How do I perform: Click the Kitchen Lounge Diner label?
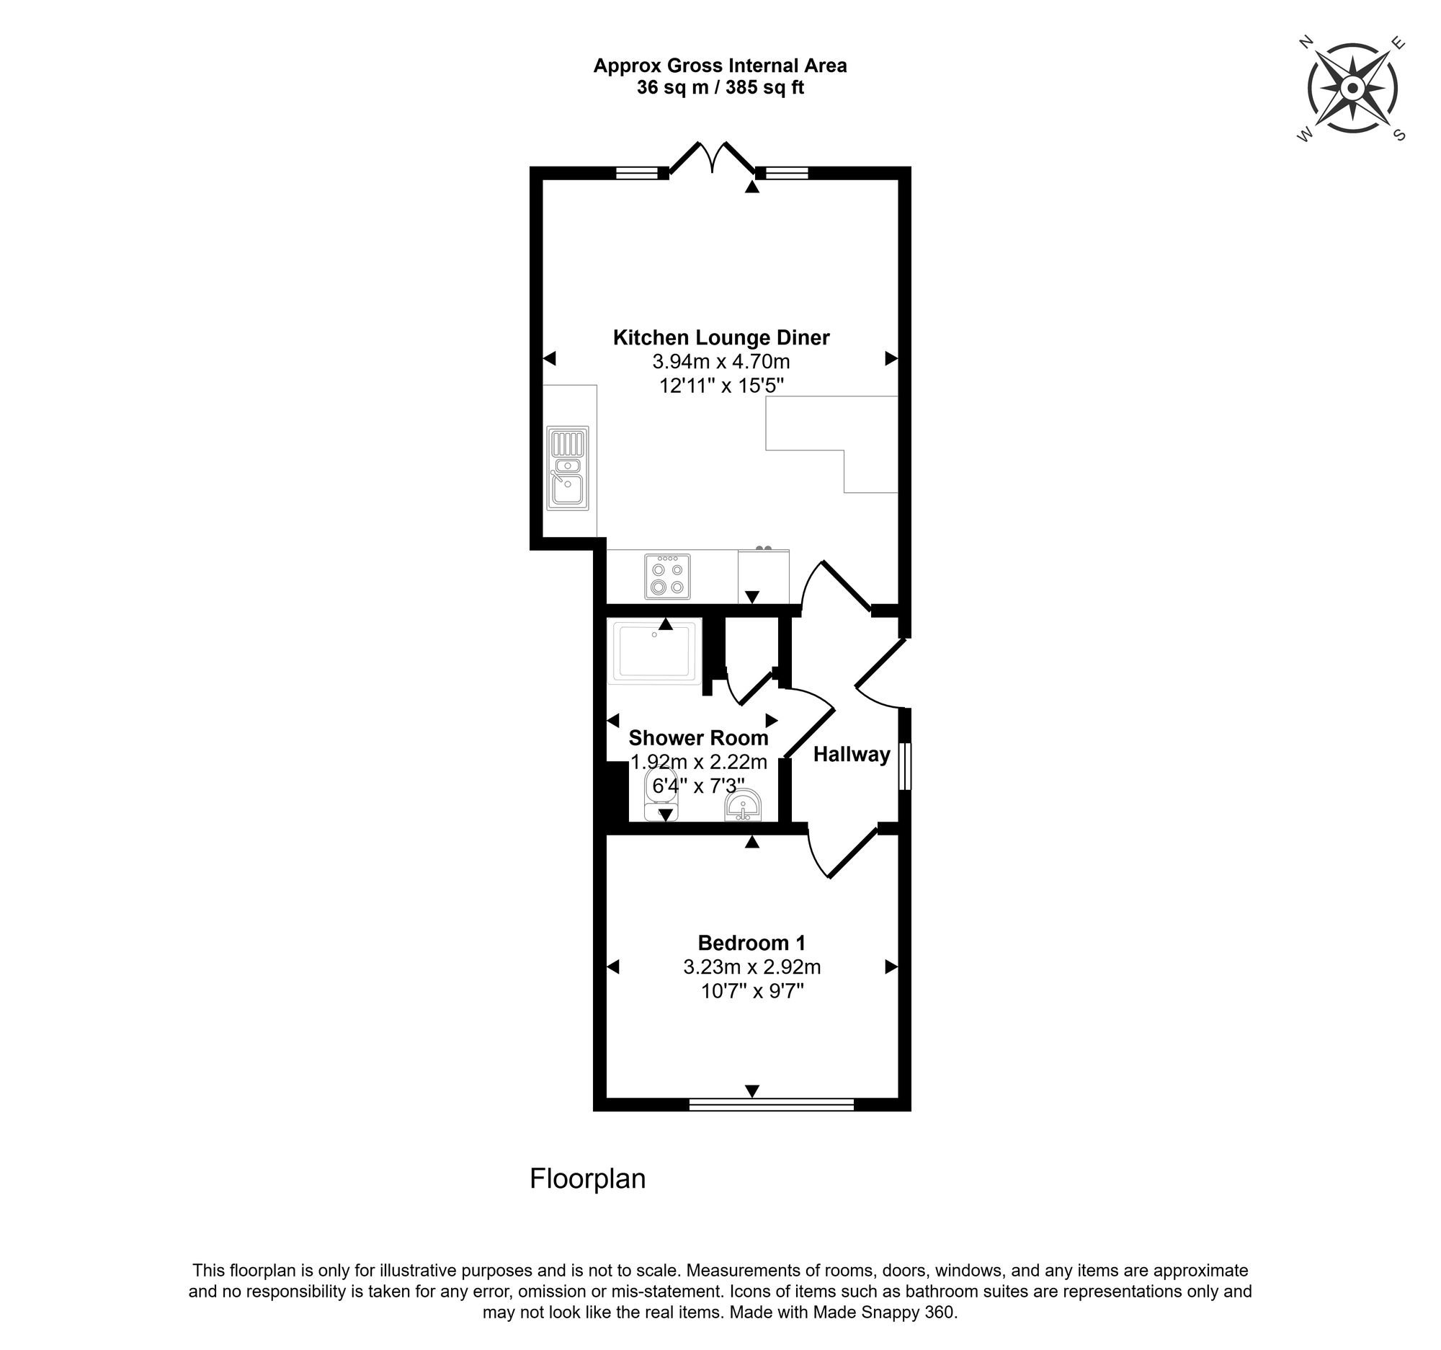[720, 338]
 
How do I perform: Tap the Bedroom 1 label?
[751, 943]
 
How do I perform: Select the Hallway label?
[851, 755]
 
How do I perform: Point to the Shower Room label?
[698, 738]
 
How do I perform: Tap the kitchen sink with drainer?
[568, 468]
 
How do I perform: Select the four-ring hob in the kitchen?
[667, 577]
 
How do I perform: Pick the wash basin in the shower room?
[742, 805]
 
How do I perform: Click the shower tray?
[655, 650]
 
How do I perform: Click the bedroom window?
[771, 1104]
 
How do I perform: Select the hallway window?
[904, 765]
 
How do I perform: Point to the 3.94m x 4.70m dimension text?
[720, 361]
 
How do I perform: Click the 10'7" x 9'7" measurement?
[752, 990]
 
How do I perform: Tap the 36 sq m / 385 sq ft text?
[720, 88]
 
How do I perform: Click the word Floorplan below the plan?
[587, 1179]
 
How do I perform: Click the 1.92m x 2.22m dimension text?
[698, 762]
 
